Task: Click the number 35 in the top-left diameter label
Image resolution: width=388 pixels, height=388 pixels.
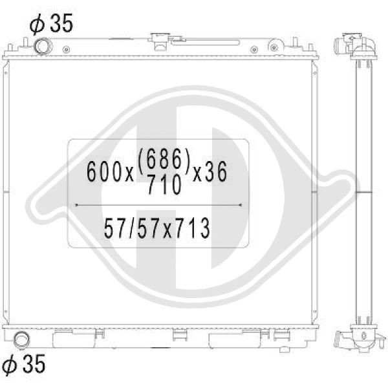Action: point(61,23)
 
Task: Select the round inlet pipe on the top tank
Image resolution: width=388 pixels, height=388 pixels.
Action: point(43,46)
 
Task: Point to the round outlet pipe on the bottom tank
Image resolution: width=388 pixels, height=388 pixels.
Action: point(22,340)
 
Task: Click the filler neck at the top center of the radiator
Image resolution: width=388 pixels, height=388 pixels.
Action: point(159,40)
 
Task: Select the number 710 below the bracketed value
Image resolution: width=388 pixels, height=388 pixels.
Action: point(164,184)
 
